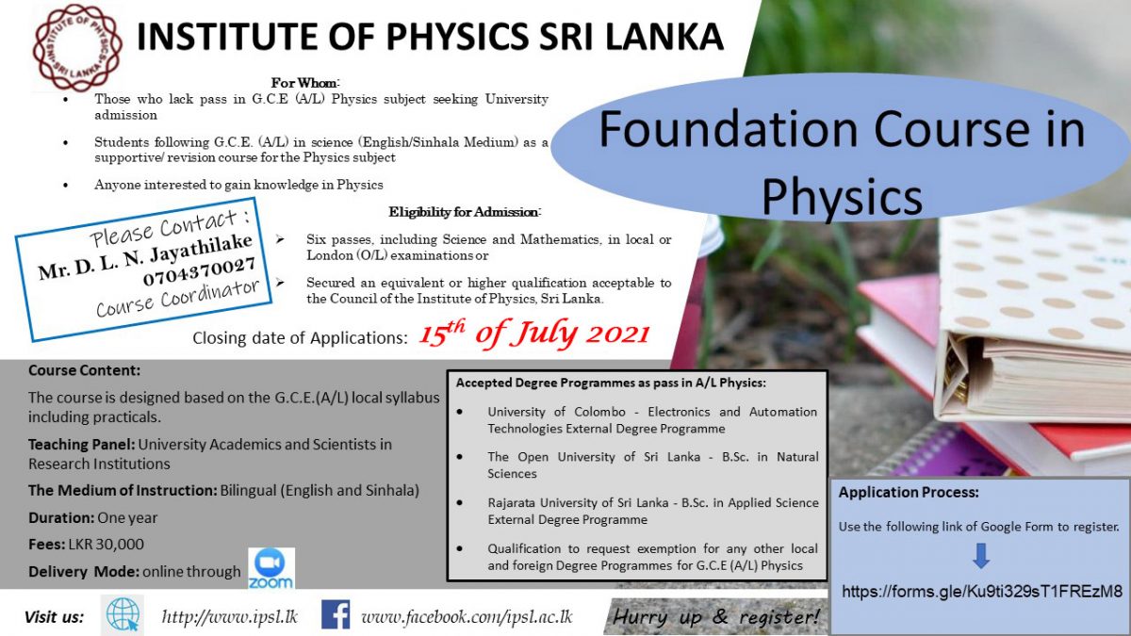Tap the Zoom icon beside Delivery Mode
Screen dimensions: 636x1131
pos(270,569)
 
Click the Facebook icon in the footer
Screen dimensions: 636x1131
pos(336,615)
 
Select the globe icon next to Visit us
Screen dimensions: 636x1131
pos(123,615)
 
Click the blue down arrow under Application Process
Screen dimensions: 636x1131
pos(981,556)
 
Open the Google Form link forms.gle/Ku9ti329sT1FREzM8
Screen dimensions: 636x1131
pos(981,592)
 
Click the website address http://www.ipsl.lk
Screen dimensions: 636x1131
pos(229,617)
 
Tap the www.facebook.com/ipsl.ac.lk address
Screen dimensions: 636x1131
pos(467,617)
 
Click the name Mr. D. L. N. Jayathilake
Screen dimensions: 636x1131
pos(145,257)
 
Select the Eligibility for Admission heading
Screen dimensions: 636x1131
pos(465,212)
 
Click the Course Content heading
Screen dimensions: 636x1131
pos(84,370)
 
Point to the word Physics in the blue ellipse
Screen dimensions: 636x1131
pos(841,197)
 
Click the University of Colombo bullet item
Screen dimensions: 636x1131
pos(651,420)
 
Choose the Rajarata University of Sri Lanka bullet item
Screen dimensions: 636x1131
pos(651,511)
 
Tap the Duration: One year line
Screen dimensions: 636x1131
pos(93,517)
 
